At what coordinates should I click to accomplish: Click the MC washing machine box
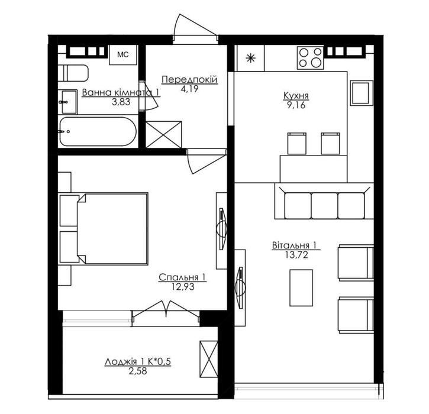point(123,55)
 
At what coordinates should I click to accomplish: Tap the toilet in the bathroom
point(73,73)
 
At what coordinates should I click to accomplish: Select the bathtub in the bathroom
point(98,131)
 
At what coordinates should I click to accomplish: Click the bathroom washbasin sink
point(68,102)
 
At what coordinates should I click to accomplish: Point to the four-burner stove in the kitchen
point(310,58)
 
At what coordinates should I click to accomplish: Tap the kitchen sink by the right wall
point(362,93)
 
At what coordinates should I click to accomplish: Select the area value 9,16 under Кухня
point(296,105)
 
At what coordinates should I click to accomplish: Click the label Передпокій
point(189,80)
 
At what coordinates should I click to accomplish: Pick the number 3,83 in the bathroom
point(121,102)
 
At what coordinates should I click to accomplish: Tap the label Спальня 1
point(182,277)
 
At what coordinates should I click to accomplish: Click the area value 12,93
point(183,286)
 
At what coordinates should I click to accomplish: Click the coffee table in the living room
point(301,288)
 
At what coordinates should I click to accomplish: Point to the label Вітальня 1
point(294,245)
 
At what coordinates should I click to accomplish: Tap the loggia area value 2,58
point(138,371)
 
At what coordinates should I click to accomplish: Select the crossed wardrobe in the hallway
point(163,134)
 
